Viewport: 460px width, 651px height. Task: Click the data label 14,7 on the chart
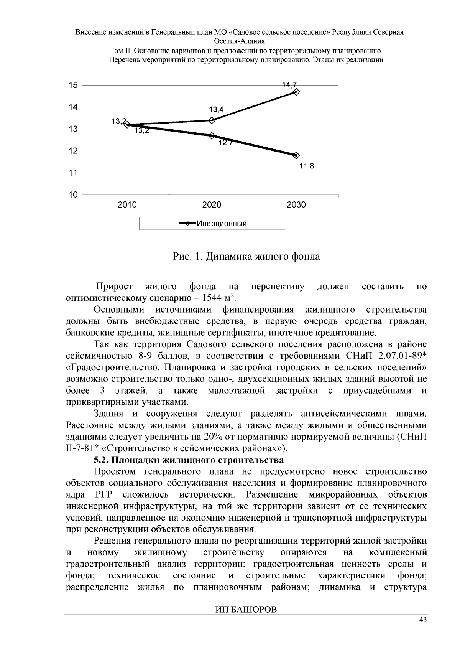(x=289, y=85)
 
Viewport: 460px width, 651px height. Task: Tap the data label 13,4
(x=216, y=110)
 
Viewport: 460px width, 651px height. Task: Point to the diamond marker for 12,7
(x=212, y=135)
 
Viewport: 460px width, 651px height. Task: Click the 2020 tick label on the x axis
(x=212, y=205)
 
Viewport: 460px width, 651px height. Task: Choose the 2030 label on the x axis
(x=296, y=205)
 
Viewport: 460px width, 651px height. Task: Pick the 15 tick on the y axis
(x=73, y=85)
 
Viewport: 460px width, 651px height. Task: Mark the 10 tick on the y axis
(x=73, y=195)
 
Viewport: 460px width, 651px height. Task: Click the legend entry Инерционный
(x=221, y=224)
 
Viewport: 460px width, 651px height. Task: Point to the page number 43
(x=422, y=620)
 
